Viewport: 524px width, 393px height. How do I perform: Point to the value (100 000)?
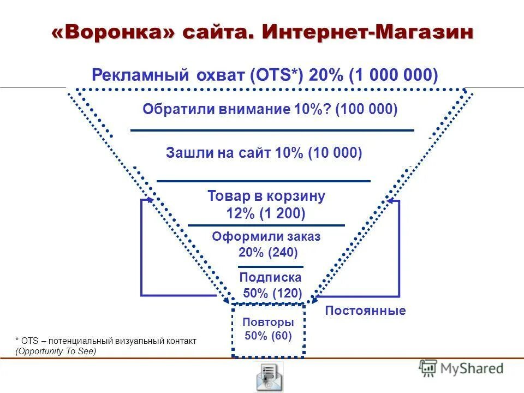point(367,109)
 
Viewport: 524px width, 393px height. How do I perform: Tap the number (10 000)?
point(335,153)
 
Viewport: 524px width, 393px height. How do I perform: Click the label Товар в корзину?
point(266,196)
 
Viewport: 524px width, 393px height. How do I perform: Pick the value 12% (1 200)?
point(266,213)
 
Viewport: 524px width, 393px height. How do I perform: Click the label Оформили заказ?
point(266,237)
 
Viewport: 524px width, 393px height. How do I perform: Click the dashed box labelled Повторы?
point(268,330)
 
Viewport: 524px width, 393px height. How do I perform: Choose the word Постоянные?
point(365,311)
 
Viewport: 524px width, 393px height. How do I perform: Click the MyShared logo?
point(462,368)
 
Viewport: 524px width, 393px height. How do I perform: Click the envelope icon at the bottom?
point(270,377)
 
